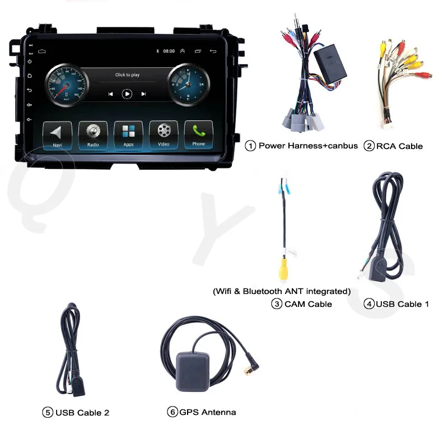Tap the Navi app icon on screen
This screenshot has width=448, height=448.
pos(57,134)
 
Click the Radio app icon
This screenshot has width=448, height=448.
pos(93,134)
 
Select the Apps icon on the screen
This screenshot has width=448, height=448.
pos(128,134)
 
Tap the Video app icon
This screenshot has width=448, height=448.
pos(164,134)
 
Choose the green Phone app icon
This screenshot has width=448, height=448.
pos(199,134)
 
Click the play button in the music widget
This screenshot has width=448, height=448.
pos(127,94)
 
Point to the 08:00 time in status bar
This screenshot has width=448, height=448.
pos(169,51)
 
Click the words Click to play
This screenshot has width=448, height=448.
pos(127,74)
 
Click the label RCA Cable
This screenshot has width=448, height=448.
pos(399,146)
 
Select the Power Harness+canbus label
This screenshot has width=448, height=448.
pos(308,146)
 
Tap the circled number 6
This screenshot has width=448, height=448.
pos(172,412)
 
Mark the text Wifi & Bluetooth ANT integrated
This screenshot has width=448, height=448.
pos(281,291)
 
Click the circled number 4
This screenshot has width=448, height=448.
pos(368,304)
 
